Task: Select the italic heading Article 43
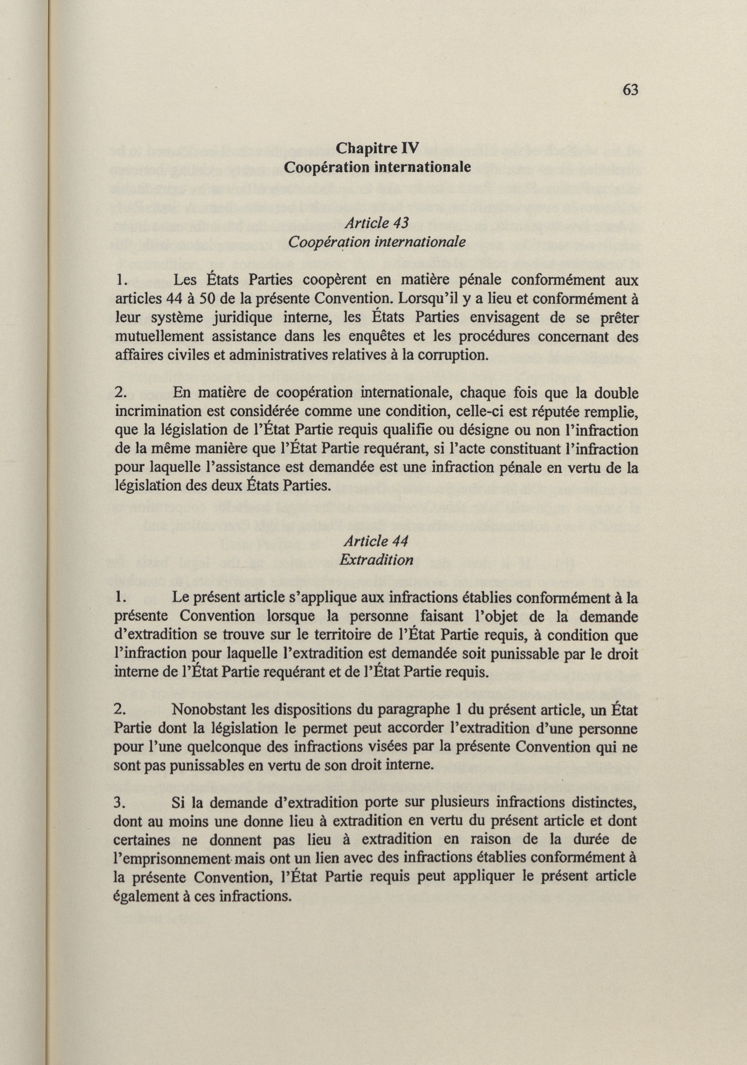click(376, 223)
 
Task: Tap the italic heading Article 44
click(376, 541)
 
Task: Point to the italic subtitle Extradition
click(376, 560)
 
